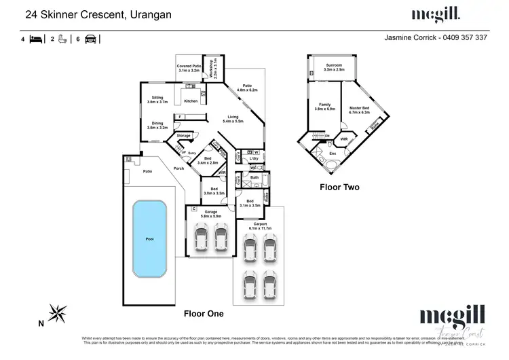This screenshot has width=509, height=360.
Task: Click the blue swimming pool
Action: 150,240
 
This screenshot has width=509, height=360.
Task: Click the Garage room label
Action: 211,211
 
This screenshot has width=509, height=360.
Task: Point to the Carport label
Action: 260,223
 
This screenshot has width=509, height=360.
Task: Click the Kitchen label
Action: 191,101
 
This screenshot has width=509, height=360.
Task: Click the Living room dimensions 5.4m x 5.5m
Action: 233,121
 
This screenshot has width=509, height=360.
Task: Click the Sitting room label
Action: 157,98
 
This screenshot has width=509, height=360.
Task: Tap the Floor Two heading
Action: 339,187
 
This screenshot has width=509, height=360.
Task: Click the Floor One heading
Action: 204,314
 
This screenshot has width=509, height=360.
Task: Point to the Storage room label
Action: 183,136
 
